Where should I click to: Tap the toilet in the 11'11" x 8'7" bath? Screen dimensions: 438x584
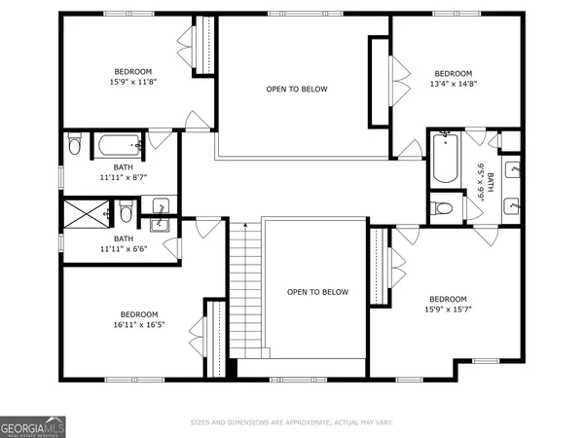(x=74, y=147)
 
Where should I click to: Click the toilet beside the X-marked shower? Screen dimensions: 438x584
(x=126, y=211)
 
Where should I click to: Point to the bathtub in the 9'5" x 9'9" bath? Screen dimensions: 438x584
(x=445, y=158)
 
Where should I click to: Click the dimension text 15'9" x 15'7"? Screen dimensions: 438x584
(x=448, y=310)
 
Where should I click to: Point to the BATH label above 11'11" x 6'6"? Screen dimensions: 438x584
(x=124, y=238)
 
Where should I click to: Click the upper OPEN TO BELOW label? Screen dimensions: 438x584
(x=297, y=90)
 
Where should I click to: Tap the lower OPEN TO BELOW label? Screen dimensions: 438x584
(x=316, y=292)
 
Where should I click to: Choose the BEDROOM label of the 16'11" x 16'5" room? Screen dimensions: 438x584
(x=138, y=314)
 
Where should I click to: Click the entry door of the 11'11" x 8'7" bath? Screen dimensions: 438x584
(x=166, y=142)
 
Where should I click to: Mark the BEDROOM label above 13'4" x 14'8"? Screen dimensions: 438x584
(x=453, y=74)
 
